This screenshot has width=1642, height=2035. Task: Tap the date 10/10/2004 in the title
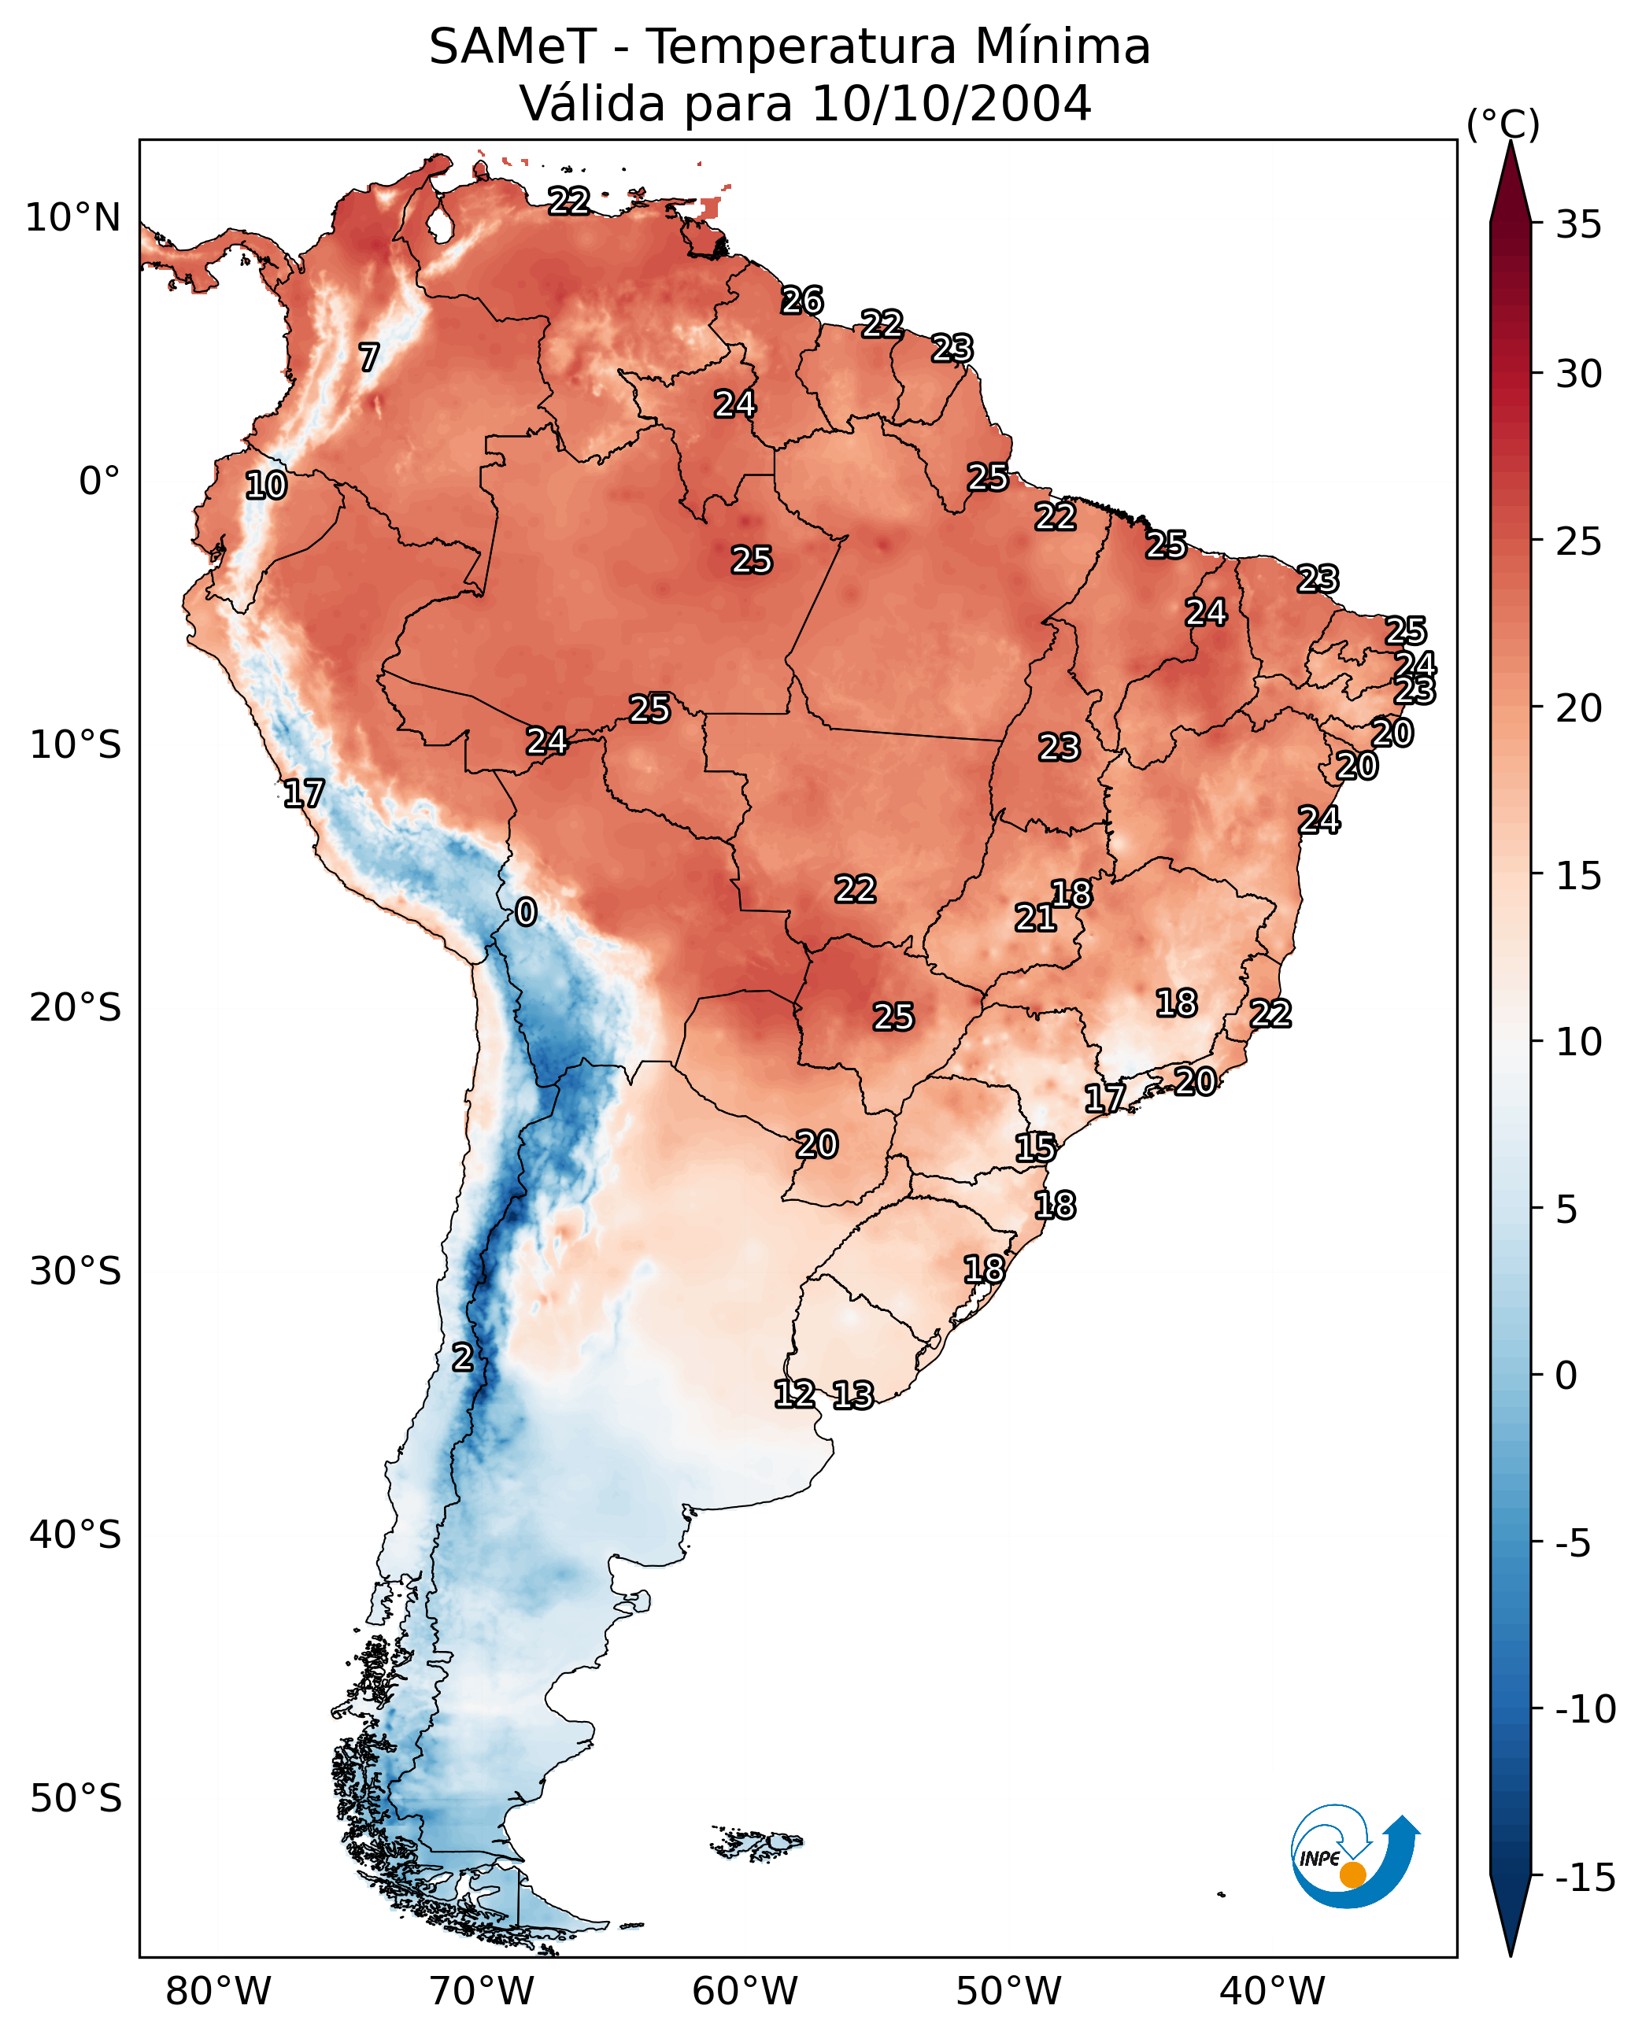[951, 103]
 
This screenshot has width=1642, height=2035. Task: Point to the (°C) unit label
[1503, 124]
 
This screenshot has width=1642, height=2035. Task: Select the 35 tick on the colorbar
[1578, 225]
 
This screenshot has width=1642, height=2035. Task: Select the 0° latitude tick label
[99, 482]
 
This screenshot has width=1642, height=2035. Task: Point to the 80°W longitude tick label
[219, 1992]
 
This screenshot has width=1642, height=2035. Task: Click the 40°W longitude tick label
[1272, 1992]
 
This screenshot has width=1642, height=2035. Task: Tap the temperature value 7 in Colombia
[369, 357]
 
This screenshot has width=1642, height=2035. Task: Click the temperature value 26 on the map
[802, 301]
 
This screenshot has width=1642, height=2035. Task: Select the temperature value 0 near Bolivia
[526, 911]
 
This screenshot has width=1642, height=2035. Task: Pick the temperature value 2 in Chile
[461, 1357]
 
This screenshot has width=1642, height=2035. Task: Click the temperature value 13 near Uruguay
[853, 1394]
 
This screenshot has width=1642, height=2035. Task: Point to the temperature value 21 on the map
[1035, 918]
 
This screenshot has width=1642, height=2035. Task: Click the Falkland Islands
[756, 1843]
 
